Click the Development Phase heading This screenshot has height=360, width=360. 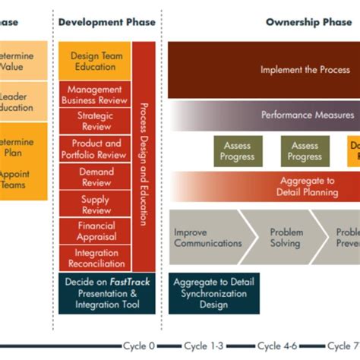click(106, 22)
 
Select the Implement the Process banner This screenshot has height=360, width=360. click(304, 70)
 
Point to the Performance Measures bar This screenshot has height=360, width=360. click(304, 115)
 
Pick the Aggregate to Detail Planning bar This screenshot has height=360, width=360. click(304, 187)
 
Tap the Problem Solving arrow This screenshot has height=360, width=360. click(286, 238)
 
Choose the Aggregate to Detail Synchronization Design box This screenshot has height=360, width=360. click(215, 292)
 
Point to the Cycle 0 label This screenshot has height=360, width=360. click(139, 346)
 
